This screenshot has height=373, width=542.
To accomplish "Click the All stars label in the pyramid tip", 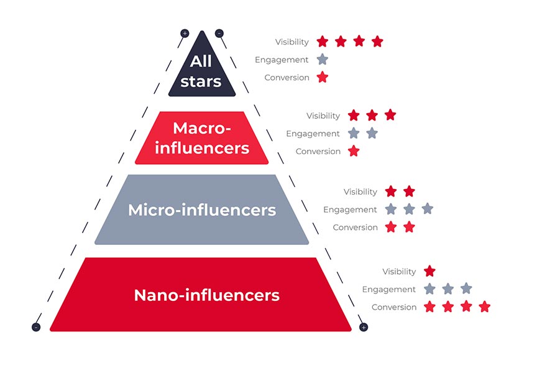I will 201,71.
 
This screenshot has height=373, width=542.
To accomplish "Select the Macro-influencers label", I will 202,138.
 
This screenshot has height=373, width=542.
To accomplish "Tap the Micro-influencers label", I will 202,210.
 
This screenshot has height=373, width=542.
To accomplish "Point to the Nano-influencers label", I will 206,295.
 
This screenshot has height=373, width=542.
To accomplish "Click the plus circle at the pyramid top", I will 185,33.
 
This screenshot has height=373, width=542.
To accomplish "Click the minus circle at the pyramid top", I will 219,33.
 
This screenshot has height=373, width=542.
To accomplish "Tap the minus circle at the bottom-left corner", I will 36,327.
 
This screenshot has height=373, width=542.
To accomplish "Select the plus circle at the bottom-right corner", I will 364,327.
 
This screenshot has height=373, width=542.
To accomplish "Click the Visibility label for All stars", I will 292,42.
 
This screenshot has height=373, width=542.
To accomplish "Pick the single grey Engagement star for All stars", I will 322,60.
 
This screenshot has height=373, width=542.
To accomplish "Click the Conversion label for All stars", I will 287,78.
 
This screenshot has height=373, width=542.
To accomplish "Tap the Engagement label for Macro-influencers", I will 313,134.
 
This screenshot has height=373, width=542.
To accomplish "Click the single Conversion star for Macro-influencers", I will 354,151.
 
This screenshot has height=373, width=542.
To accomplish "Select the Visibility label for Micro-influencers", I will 361,192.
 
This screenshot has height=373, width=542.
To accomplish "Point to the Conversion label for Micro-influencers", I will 355,228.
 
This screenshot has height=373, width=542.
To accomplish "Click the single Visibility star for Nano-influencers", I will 429,271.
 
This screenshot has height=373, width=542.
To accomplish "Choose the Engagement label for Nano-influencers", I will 389,289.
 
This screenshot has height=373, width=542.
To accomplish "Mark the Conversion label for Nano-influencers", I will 394,307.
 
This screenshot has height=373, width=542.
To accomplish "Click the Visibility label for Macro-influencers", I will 323,116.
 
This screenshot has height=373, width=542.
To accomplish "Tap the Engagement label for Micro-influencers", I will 350,210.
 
